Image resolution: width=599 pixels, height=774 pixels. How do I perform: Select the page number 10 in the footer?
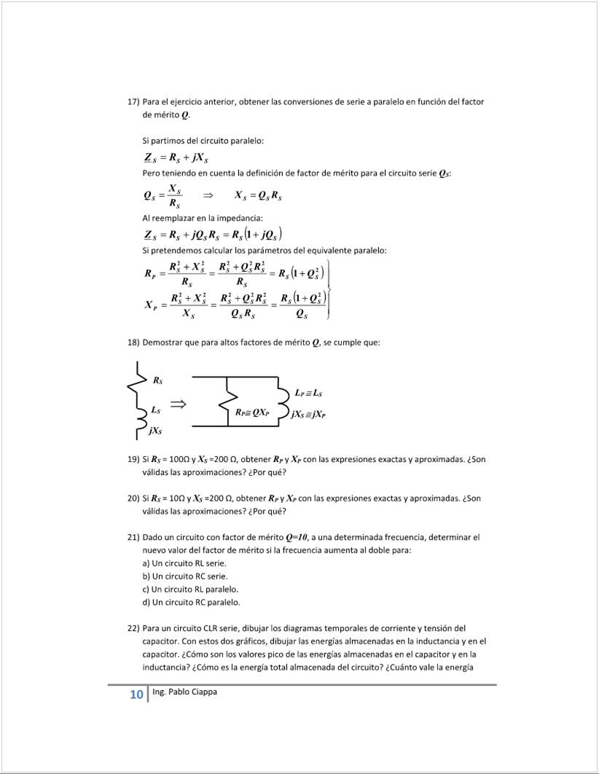click(136, 695)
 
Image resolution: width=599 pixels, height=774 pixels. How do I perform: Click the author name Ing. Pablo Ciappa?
click(184, 692)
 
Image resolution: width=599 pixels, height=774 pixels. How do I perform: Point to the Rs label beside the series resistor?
click(157, 380)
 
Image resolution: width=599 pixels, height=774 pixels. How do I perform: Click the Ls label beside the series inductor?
click(156, 410)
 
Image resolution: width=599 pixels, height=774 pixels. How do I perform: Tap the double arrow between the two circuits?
click(178, 403)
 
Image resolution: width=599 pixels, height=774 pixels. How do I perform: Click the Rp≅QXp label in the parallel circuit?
click(252, 413)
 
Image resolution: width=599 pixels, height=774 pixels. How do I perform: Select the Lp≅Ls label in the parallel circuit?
click(309, 394)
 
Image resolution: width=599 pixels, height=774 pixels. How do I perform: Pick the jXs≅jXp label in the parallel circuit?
click(308, 414)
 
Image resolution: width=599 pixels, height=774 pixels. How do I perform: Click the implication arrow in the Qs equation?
click(207, 195)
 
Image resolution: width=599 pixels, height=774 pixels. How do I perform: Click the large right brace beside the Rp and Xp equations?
click(330, 289)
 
